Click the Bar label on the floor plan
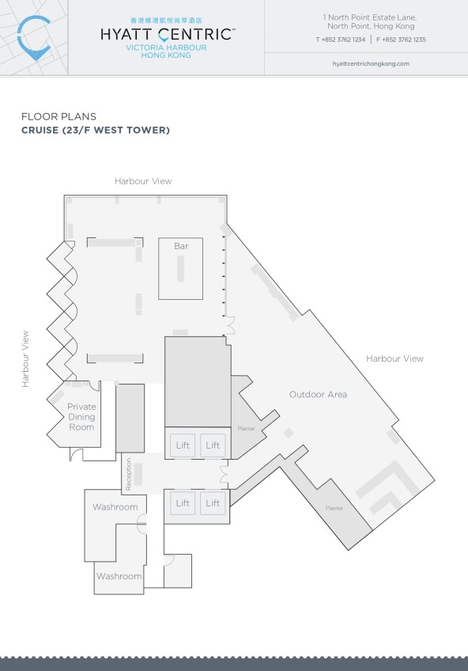click(181, 246)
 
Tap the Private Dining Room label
click(81, 417)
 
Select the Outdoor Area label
click(318, 395)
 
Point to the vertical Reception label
click(128, 474)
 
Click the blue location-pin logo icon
click(34, 38)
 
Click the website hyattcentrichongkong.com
click(371, 64)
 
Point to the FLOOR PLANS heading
click(59, 116)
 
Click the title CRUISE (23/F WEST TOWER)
click(96, 130)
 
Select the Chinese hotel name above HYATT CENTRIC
click(166, 20)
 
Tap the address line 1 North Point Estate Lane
click(370, 17)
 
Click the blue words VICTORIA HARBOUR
click(166, 47)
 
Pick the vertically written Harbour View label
click(25, 359)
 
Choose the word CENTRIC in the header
click(194, 34)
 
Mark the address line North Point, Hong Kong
click(371, 26)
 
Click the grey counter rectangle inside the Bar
click(181, 269)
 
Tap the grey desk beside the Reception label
click(138, 475)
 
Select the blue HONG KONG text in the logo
click(166, 55)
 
